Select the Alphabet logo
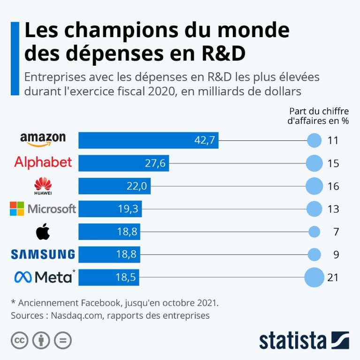coord(43,163)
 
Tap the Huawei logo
coord(43,186)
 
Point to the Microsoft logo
coord(43,208)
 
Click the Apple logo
coord(43,231)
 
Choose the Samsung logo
coord(43,254)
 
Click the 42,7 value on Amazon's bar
coord(204,140)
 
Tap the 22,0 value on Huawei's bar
coord(137,186)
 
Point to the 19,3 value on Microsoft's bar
coord(127,209)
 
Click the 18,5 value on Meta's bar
coord(125,277)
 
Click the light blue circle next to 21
coord(314,277)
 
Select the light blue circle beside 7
coord(314,231)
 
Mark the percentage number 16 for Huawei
coord(333,186)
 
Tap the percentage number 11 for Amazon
coord(333,140)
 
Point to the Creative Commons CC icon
coord(19,340)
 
